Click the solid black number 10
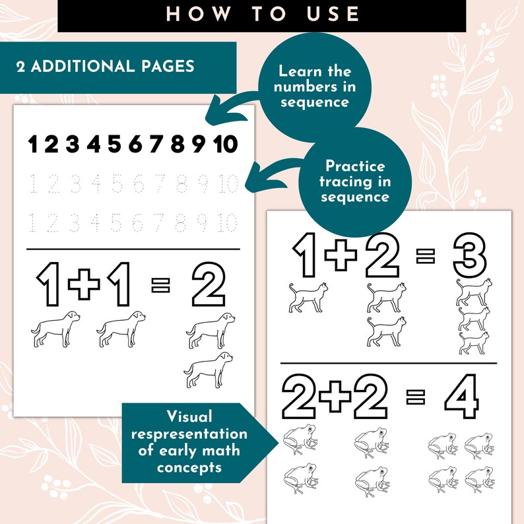point(226,143)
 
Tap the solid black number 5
point(115,143)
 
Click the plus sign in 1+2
point(341,254)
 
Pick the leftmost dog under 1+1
point(55,328)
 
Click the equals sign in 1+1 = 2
point(160,286)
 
